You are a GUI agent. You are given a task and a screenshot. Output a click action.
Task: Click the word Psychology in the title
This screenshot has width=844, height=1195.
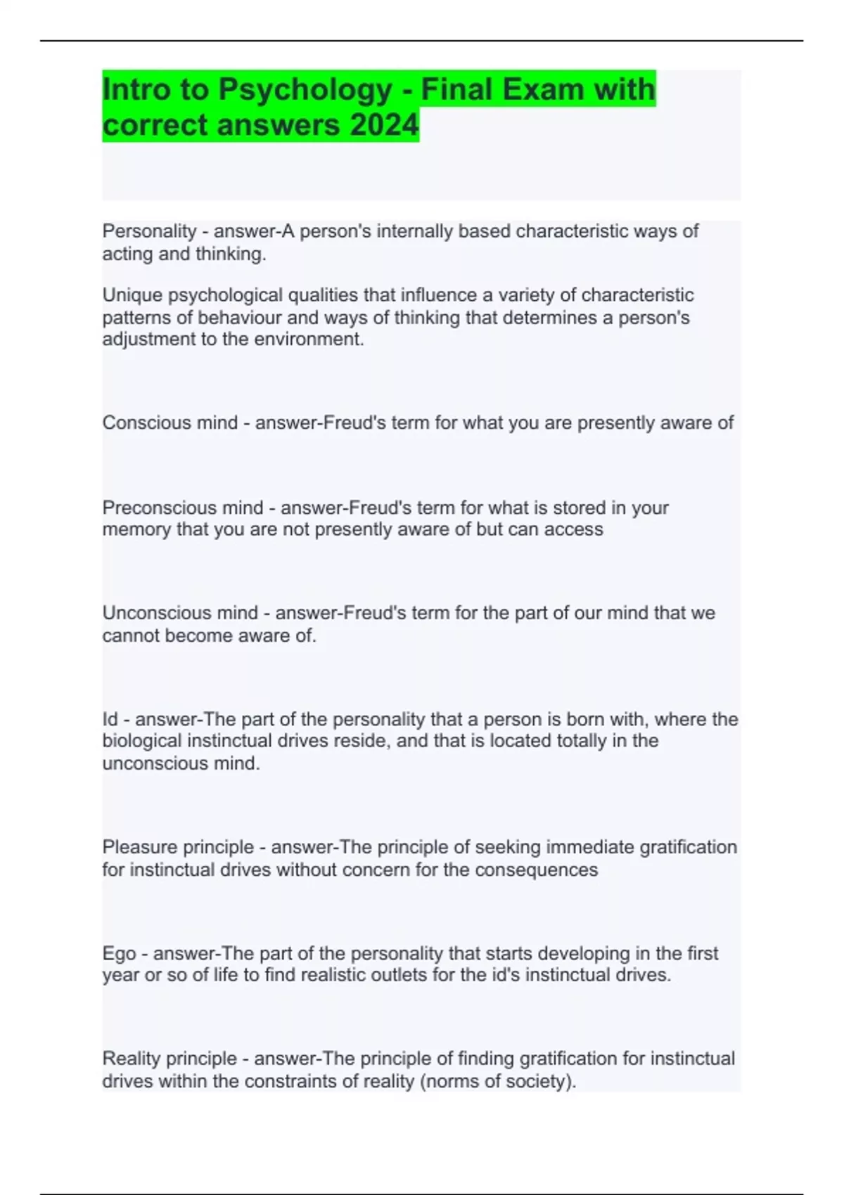305,90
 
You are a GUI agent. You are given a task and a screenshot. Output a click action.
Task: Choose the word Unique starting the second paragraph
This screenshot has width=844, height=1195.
132,295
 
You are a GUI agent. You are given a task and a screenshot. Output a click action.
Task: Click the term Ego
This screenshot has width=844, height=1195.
119,954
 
